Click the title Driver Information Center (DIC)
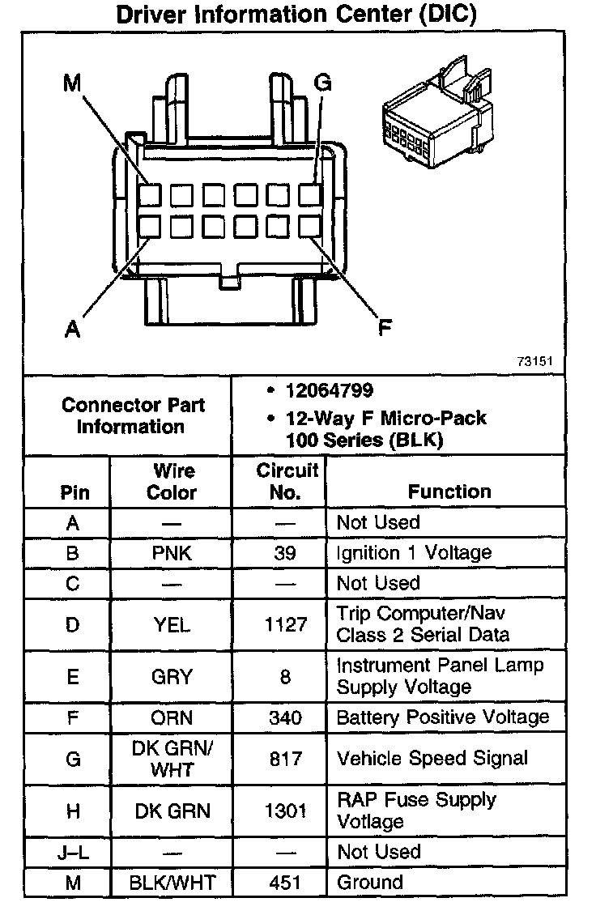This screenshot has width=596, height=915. [296, 15]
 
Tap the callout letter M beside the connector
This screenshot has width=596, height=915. [72, 83]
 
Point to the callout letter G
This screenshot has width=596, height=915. [323, 83]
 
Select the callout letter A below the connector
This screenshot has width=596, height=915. [72, 330]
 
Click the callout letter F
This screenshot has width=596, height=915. [386, 327]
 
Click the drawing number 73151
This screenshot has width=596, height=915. [535, 361]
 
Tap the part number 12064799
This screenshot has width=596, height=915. [329, 391]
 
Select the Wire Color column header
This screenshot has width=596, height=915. [172, 481]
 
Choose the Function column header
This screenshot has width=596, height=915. [449, 492]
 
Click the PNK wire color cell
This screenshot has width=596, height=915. [172, 553]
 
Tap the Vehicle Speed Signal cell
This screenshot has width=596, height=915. [432, 759]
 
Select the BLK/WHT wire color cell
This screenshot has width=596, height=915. [172, 883]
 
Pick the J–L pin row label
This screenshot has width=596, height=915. [73, 852]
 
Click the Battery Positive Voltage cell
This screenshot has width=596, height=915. [442, 717]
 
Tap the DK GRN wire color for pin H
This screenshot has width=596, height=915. [172, 811]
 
